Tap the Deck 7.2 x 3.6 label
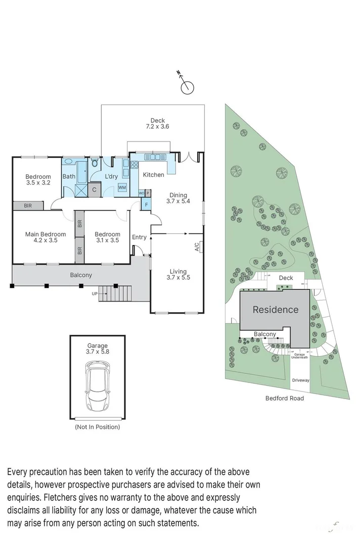(x=157, y=123)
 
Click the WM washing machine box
(x=122, y=187)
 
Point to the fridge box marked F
(x=146, y=205)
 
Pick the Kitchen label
(x=153, y=175)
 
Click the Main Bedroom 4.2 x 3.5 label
(x=46, y=237)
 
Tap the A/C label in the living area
(x=197, y=247)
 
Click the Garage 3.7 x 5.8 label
(x=97, y=349)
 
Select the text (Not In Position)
(x=97, y=427)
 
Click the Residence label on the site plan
(x=275, y=310)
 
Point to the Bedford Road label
(x=285, y=398)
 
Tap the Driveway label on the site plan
(x=300, y=380)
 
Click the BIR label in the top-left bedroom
(x=28, y=206)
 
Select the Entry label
(x=139, y=237)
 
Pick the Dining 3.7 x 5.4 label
(x=178, y=198)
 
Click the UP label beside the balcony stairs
(x=94, y=293)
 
